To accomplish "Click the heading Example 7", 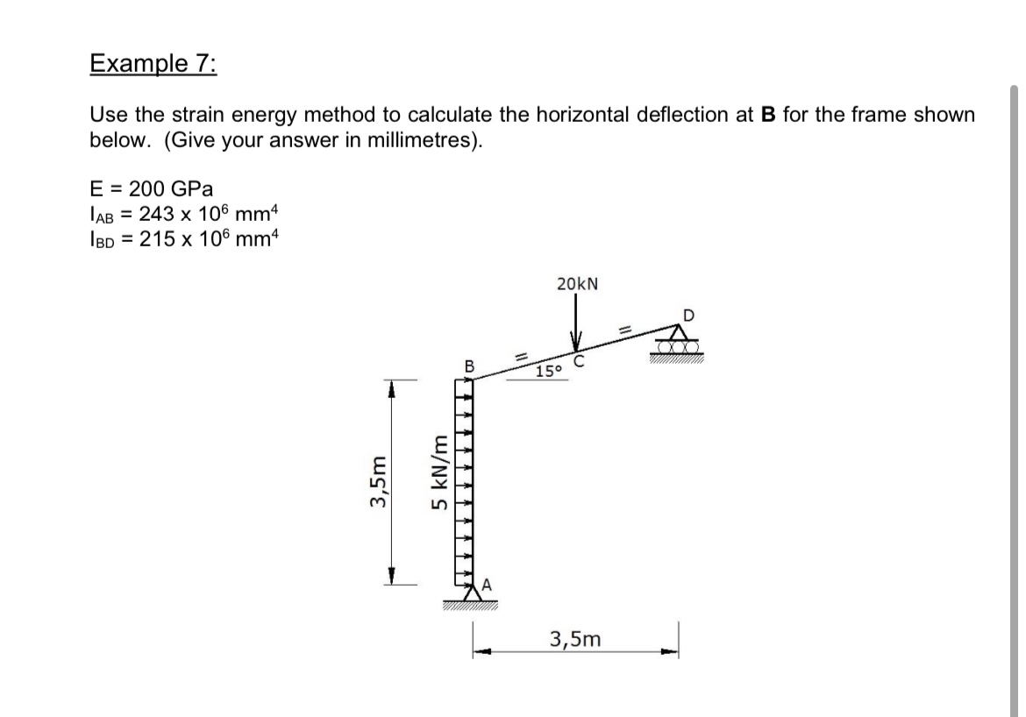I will [154, 65].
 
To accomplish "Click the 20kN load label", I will [578, 284].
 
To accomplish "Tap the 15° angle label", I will [549, 372].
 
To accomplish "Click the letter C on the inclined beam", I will [579, 360].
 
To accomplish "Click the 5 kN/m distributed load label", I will [442, 472].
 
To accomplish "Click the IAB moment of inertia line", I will [184, 213].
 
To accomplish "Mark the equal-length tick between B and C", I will [518, 354].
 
